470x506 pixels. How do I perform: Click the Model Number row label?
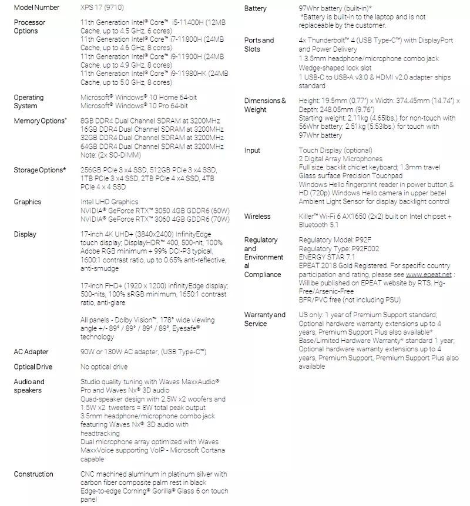coord(36,8)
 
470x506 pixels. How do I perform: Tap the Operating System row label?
coord(29,102)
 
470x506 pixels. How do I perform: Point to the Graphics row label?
coord(28,202)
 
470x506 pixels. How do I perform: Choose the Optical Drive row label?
coord(33,367)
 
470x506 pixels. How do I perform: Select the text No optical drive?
coord(103,367)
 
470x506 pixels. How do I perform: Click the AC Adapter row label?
coord(31,352)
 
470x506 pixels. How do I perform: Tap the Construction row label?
coord(33,474)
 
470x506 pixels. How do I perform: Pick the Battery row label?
coord(255,8)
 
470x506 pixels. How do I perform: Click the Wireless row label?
coord(257,217)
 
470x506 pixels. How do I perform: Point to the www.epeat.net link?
coord(428,274)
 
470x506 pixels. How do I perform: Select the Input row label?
coord(252,151)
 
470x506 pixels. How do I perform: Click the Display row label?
coord(25,234)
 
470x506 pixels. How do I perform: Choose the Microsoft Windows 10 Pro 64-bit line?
coord(134,106)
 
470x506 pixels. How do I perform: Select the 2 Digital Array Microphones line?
coord(340,159)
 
